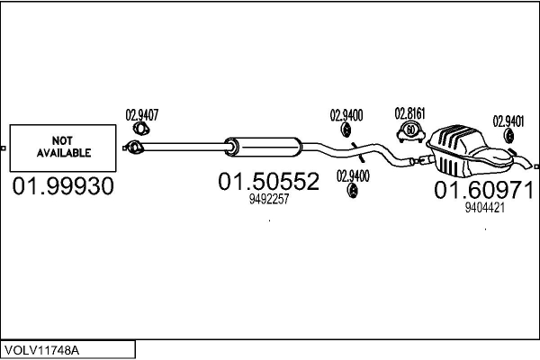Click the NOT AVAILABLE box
(x=64, y=148)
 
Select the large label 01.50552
(x=268, y=183)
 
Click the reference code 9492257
(x=268, y=200)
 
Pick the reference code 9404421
(x=483, y=207)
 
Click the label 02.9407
(x=142, y=114)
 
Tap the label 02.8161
(x=409, y=113)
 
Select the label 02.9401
(x=508, y=120)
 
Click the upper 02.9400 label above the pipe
(x=346, y=114)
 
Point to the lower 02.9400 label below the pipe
(x=353, y=175)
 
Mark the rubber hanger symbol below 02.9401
(x=508, y=136)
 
